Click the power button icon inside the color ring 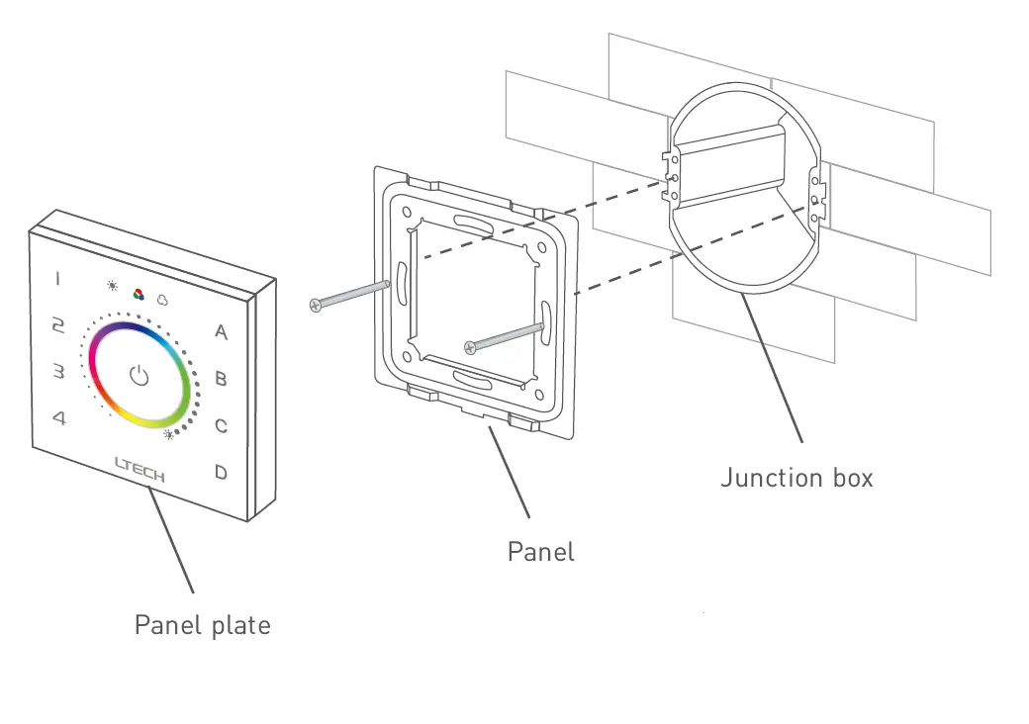click(139, 376)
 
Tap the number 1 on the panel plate click(57, 279)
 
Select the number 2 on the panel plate click(58, 325)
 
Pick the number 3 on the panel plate click(58, 372)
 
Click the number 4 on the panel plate click(59, 418)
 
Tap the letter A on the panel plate click(221, 331)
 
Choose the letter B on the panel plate click(222, 379)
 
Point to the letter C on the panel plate click(222, 426)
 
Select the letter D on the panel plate click(221, 473)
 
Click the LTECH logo click(140, 469)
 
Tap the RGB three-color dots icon click(139, 293)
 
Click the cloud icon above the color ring click(162, 298)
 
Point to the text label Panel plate click(202, 625)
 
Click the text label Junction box click(796, 478)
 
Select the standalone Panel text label click(540, 551)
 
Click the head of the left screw click(315, 306)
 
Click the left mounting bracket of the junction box click(672, 176)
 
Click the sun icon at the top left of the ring click(113, 286)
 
